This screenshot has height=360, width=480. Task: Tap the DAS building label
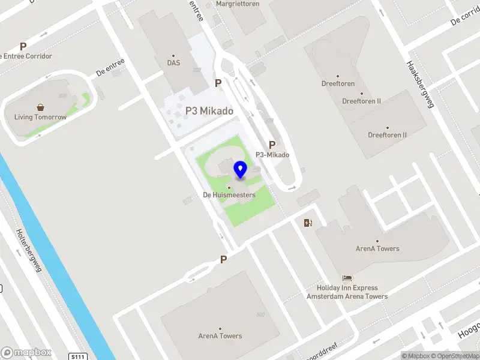click(x=173, y=62)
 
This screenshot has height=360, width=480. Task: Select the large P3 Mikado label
click(x=209, y=111)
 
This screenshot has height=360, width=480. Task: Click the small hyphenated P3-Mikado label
click(x=272, y=155)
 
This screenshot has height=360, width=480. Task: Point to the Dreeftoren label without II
click(x=338, y=84)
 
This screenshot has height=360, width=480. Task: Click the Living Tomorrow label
click(x=41, y=118)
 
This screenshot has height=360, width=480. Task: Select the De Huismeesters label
click(x=229, y=195)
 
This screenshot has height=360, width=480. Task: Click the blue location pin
click(x=241, y=170)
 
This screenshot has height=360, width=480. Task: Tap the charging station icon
click(x=308, y=223)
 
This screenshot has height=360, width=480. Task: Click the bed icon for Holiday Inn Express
click(x=347, y=278)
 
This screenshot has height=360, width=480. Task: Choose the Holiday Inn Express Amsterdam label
click(x=347, y=292)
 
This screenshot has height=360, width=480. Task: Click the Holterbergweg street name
click(x=29, y=251)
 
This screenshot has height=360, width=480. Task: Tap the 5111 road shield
click(x=77, y=356)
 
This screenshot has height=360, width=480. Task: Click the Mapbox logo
click(x=26, y=353)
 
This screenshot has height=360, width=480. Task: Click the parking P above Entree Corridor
click(x=23, y=46)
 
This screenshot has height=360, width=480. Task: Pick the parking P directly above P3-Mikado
click(x=272, y=145)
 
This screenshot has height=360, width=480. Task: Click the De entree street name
click(x=110, y=67)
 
